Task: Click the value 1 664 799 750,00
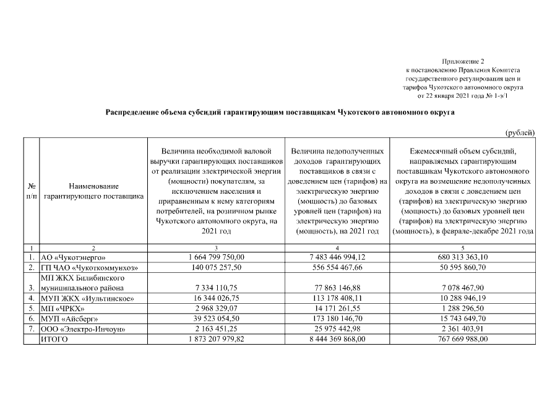click(217, 257)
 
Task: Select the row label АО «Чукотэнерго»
click(73, 257)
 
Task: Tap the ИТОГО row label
click(54, 339)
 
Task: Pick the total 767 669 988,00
click(463, 339)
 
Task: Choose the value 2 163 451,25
click(217, 329)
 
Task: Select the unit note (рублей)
click(520, 132)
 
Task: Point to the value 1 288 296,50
click(463, 308)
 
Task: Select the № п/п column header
click(31, 191)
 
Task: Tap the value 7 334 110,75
click(217, 288)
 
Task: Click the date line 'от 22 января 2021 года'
click(455, 97)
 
